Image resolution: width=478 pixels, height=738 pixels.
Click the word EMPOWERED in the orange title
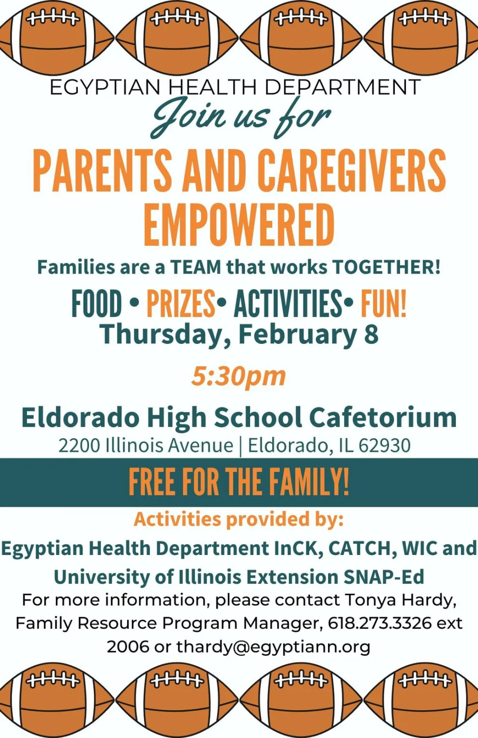click(239, 225)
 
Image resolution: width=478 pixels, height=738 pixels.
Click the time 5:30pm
click(239, 377)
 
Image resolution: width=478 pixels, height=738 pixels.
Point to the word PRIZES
click(181, 303)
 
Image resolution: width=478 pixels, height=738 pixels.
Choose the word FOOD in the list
click(97, 303)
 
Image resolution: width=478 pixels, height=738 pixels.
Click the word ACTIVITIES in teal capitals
click(288, 303)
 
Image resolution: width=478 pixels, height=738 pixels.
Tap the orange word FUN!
click(383, 303)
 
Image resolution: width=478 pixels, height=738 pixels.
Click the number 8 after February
click(372, 334)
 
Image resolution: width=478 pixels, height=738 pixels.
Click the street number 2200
click(79, 446)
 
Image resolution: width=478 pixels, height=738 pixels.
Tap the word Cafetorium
click(383, 418)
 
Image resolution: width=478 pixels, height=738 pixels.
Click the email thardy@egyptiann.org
click(273, 647)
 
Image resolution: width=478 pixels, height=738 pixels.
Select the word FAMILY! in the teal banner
click(309, 483)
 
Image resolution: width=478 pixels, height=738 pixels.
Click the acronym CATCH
click(363, 549)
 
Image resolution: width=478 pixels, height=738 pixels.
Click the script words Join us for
click(240, 117)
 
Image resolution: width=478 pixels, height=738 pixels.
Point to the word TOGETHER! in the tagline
click(386, 267)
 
